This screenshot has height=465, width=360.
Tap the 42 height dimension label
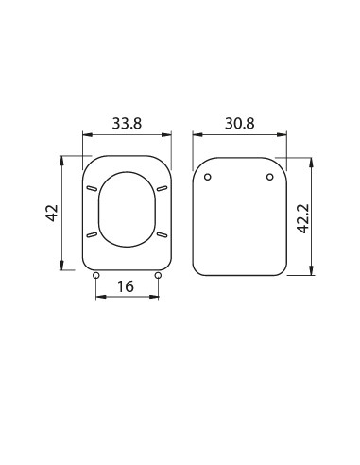tap(53, 212)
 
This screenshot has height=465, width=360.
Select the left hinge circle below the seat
tap(96, 276)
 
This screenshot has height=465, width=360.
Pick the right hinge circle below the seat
tap(157, 276)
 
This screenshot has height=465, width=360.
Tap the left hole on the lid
tap(208, 177)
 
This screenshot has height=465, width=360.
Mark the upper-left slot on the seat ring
tap(92, 190)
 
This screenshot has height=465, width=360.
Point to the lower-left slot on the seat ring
tap(92, 233)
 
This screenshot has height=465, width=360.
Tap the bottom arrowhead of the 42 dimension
tap(64, 267)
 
